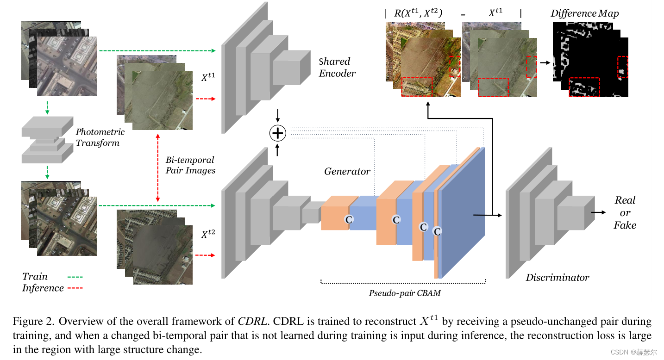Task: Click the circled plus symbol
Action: (x=278, y=133)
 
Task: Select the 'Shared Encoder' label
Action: (x=337, y=67)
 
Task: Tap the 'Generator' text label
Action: (x=347, y=171)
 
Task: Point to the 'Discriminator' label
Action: (x=558, y=278)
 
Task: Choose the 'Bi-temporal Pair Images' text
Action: (x=190, y=165)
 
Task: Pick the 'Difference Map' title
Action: (x=584, y=13)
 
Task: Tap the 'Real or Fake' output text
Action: (x=625, y=213)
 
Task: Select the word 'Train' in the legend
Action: (x=35, y=277)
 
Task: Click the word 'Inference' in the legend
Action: (x=43, y=288)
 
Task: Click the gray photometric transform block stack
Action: (x=47, y=139)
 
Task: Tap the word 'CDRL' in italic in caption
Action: (x=252, y=322)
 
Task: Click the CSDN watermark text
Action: (x=633, y=352)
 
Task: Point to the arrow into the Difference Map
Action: (x=545, y=62)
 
